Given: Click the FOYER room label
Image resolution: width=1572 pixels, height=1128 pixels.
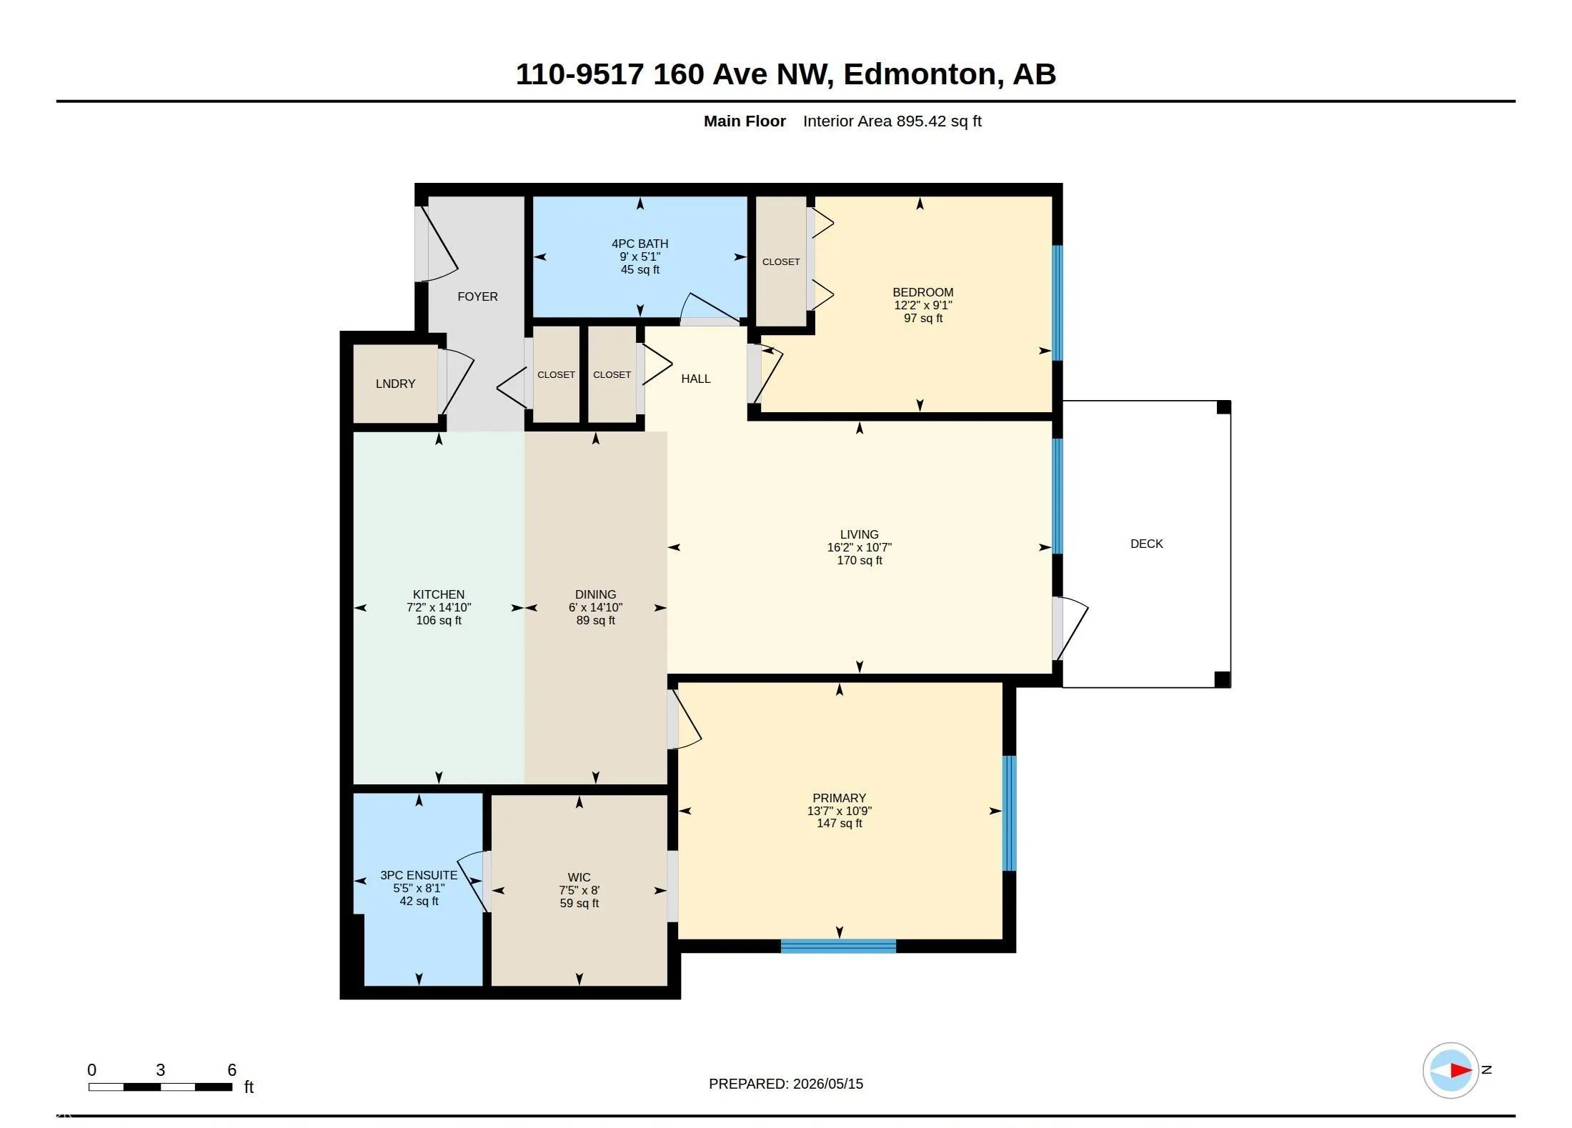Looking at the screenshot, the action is [x=477, y=296].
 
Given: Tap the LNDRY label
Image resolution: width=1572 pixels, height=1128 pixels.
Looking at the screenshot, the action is [x=395, y=384].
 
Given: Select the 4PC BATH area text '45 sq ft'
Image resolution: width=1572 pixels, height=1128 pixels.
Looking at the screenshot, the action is [x=640, y=269].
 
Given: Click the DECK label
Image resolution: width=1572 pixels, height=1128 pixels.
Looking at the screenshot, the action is [x=1146, y=544].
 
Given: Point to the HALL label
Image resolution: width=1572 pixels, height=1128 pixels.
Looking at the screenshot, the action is [x=695, y=379].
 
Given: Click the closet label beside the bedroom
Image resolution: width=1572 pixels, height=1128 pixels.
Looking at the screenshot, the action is [x=780, y=261].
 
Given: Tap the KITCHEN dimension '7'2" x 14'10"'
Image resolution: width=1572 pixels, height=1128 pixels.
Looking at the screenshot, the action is [x=439, y=607].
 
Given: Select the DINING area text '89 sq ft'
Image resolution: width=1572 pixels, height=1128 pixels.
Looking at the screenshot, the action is [x=595, y=620].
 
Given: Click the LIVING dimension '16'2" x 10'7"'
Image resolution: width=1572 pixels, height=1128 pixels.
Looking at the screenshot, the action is [x=859, y=547].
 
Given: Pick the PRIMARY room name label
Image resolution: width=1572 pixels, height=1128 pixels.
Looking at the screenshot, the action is [x=839, y=798].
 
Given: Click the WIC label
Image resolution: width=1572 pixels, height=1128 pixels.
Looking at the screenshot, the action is [x=579, y=877].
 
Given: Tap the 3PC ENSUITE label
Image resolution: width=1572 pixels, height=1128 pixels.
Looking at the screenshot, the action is [x=419, y=875].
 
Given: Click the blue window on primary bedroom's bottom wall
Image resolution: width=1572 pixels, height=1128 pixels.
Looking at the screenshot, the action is [x=838, y=946].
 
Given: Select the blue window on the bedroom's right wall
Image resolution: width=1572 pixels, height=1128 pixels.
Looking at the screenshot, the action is [x=1058, y=303].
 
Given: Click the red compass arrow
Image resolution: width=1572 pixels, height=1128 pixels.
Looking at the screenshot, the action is [x=1461, y=1070].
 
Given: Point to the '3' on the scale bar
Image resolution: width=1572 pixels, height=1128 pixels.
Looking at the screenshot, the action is [x=160, y=1069].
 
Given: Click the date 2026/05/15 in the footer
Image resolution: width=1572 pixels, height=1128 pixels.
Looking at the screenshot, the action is [x=827, y=1084].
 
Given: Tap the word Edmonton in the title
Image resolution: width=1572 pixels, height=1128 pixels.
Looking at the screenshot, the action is [x=920, y=74].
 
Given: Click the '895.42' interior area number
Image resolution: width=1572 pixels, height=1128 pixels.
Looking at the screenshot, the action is [x=917, y=121].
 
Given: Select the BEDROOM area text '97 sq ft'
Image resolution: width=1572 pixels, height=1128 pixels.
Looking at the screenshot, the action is [x=922, y=318].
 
